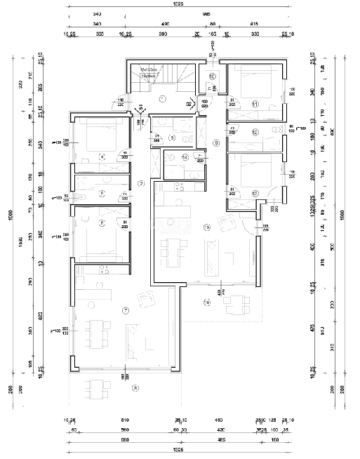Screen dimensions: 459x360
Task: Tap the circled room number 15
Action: coord(206,227)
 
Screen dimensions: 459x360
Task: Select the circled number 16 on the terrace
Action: coord(206,302)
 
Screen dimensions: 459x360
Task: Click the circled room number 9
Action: coord(216,143)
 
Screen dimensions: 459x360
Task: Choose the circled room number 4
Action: coord(102,157)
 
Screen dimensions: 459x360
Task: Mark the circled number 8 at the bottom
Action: coord(135,387)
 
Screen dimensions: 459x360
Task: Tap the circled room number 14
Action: coord(185,157)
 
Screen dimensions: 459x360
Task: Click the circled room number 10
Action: coord(212,77)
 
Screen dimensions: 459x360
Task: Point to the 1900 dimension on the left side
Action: coord(11,217)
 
